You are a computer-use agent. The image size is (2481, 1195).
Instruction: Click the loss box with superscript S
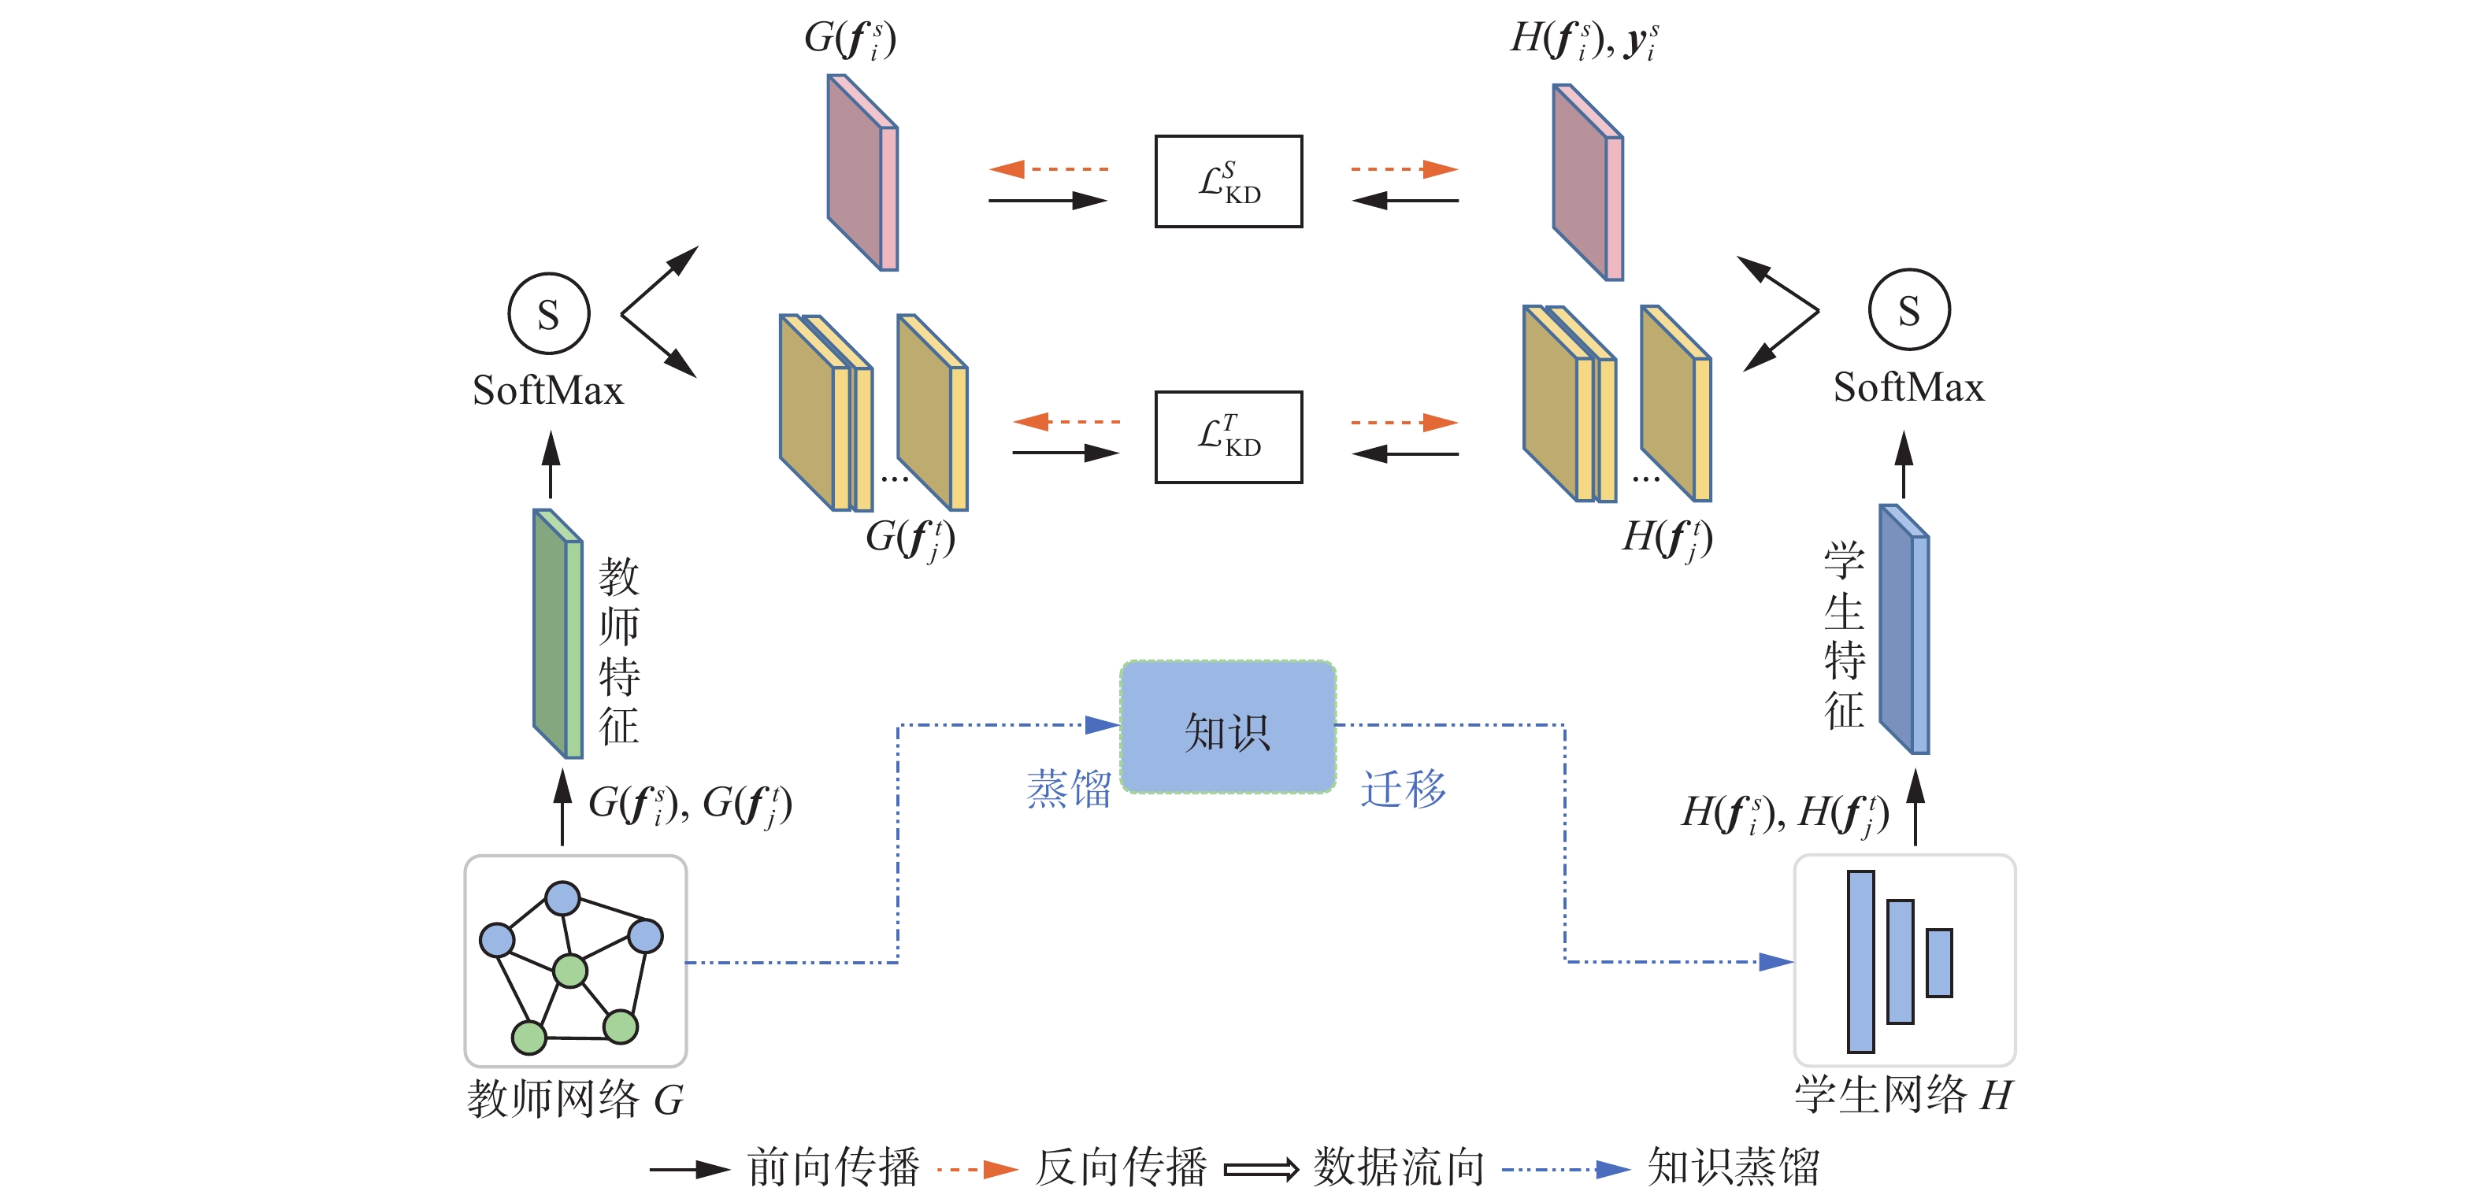point(1228,181)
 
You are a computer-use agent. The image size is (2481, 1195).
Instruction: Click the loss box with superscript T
point(1228,436)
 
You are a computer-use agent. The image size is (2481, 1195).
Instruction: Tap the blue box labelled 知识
point(1228,728)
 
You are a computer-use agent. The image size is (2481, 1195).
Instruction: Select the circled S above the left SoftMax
point(548,314)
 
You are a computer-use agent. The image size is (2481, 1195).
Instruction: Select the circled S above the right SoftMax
point(1909,310)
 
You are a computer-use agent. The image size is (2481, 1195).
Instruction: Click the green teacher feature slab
point(558,633)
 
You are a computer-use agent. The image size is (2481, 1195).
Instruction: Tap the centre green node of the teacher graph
point(570,971)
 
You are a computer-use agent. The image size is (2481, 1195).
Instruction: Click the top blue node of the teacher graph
point(562,898)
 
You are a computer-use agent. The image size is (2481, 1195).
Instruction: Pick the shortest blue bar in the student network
point(1939,963)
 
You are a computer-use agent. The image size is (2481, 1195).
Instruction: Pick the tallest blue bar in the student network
point(1860,961)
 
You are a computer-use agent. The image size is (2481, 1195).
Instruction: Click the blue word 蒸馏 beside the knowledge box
point(1068,790)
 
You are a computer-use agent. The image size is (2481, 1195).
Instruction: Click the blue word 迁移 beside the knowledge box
point(1402,790)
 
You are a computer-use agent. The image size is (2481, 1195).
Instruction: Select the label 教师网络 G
point(575,1099)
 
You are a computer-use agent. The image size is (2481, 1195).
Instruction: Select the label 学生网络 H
point(1903,1095)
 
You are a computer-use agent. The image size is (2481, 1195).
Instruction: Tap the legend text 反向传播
point(1120,1168)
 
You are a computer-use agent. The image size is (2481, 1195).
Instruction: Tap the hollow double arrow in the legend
point(1261,1170)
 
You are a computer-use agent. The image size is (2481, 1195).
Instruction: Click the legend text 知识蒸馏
point(1733,1168)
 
